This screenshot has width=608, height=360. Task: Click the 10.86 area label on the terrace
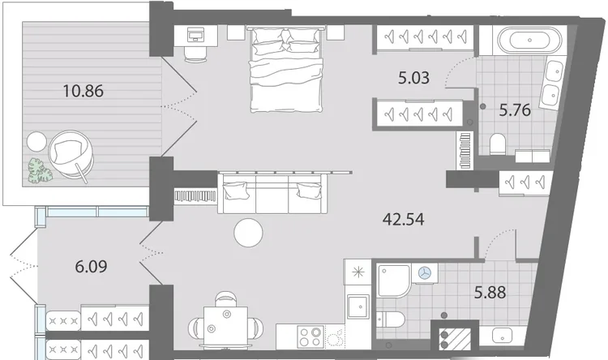click(83, 91)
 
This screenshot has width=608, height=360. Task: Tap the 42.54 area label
click(403, 220)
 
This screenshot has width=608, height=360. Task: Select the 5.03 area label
click(413, 78)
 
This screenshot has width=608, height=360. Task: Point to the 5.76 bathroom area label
click(515, 110)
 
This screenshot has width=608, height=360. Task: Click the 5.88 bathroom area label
click(490, 292)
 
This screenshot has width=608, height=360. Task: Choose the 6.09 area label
click(91, 267)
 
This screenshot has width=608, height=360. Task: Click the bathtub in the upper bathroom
click(529, 40)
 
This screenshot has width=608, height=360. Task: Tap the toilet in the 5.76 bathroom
click(497, 144)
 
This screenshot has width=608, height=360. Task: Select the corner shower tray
click(394, 281)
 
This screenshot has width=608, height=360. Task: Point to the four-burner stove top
click(310, 336)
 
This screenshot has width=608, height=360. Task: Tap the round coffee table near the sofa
click(248, 233)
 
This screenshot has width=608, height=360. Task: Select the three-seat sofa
click(272, 194)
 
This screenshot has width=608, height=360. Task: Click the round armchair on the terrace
click(71, 154)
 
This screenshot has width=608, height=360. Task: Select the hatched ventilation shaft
click(455, 339)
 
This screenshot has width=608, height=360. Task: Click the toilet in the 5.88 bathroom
click(391, 320)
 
